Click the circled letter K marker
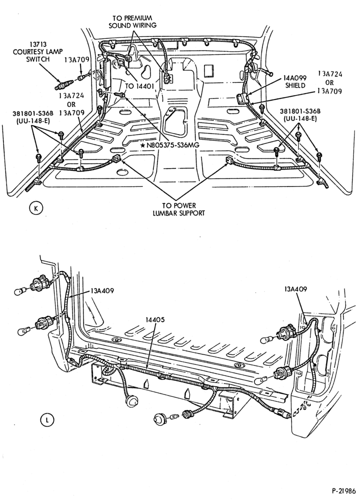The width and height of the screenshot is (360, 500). (x=35, y=208)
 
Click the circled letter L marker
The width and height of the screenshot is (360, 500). (x=47, y=420)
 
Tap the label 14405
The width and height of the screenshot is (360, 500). (x=155, y=319)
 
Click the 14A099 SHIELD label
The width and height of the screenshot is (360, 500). (x=295, y=82)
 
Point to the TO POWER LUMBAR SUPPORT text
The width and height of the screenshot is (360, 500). (x=178, y=209)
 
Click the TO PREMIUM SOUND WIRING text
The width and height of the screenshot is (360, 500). (x=132, y=21)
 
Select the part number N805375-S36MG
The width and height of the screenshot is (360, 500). (x=169, y=145)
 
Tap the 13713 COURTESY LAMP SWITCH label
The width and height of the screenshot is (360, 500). (x=38, y=51)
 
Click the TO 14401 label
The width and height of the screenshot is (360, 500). (x=139, y=86)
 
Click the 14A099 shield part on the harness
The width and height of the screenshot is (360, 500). (x=243, y=97)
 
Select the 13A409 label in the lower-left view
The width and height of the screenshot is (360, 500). (x=102, y=291)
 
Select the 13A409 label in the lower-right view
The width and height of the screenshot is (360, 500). (x=295, y=289)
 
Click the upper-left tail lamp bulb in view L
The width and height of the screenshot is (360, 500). (x=21, y=291)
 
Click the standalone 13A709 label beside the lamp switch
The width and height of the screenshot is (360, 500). (x=77, y=59)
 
